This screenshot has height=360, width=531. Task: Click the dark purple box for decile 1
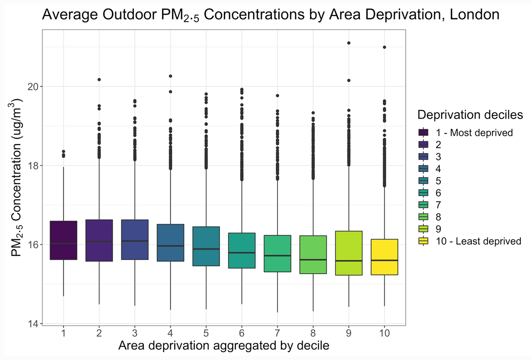click(x=64, y=240)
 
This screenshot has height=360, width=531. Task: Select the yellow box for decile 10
click(x=384, y=257)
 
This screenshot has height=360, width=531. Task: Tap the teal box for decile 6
click(x=242, y=250)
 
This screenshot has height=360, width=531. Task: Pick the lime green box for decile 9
click(x=349, y=253)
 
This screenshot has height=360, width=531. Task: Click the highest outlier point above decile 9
click(x=349, y=43)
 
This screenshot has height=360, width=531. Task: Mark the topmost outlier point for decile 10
click(x=384, y=47)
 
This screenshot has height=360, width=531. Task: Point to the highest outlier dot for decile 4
click(x=170, y=76)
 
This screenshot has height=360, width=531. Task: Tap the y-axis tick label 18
click(x=31, y=165)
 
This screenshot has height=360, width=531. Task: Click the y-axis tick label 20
click(x=31, y=86)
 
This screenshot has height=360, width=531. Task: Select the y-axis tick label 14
click(x=31, y=324)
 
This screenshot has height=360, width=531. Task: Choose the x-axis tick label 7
click(x=277, y=333)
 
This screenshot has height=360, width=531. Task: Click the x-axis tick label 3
click(x=135, y=333)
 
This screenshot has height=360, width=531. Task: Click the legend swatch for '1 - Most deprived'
click(x=423, y=133)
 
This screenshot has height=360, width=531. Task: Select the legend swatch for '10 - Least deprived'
click(x=423, y=241)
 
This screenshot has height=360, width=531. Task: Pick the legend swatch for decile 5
click(x=423, y=181)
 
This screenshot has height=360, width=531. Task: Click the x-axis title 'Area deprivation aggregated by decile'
click(x=223, y=346)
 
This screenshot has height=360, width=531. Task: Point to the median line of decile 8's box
click(x=313, y=260)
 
